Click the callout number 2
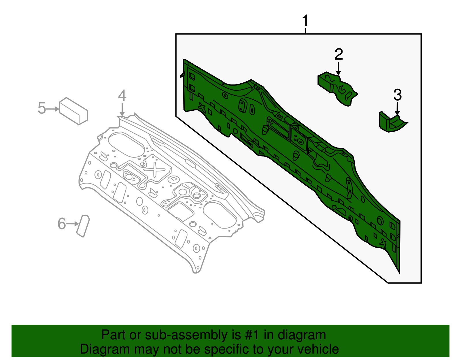tap(339, 54)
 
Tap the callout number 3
tap(398, 95)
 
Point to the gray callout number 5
tap(42, 108)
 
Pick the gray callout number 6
tap(62, 224)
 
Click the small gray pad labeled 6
tap(83, 226)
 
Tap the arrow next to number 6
tap(73, 224)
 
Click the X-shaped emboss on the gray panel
tap(155, 169)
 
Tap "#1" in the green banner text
tap(252, 335)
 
